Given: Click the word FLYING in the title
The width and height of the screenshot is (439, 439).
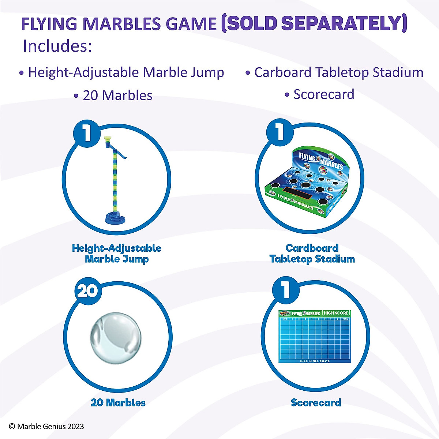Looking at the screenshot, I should click(x=49, y=24).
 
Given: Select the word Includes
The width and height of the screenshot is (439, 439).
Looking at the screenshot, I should click(x=57, y=46).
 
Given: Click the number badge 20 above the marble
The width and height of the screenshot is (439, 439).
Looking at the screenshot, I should click(x=87, y=291).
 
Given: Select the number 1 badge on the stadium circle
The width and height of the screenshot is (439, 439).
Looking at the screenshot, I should click(x=280, y=132).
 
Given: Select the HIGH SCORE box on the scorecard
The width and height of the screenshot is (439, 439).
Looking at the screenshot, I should click(x=336, y=313).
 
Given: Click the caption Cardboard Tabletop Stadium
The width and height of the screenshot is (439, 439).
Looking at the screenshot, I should click(x=312, y=254).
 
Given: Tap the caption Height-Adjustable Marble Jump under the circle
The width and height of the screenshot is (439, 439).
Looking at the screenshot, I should click(x=117, y=254).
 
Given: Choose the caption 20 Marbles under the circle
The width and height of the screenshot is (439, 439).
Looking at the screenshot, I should click(x=118, y=403).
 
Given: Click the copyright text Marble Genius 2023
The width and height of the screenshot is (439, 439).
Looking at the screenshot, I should click(x=46, y=426).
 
